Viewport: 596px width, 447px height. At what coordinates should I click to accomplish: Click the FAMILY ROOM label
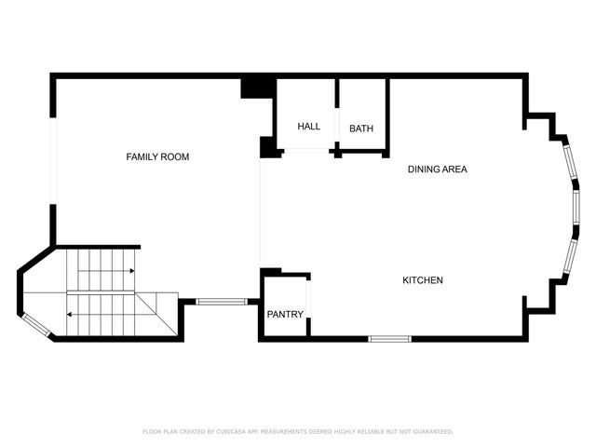(x=157, y=157)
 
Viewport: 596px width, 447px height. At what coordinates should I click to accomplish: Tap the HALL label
(x=308, y=127)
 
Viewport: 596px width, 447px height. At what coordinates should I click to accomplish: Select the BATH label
(x=361, y=128)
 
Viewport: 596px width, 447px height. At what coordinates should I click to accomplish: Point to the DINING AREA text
(x=437, y=169)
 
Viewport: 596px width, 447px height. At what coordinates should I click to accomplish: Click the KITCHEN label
(x=422, y=280)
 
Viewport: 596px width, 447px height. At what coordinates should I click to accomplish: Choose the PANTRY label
(x=285, y=315)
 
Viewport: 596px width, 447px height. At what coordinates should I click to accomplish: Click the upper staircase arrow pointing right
(x=132, y=271)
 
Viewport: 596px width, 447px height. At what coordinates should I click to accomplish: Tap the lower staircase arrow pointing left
(x=70, y=315)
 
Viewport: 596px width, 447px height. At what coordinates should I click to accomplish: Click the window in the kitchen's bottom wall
(x=390, y=338)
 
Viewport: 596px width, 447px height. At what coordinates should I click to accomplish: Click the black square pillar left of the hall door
(x=268, y=147)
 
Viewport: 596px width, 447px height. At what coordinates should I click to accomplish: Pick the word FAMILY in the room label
(x=142, y=157)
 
